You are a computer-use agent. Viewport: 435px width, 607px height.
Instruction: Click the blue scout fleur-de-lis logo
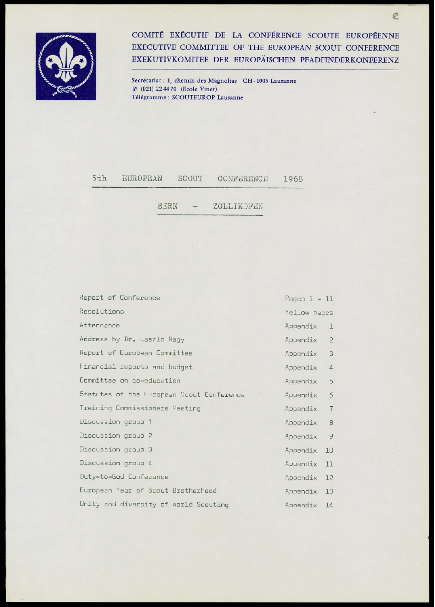[66, 66]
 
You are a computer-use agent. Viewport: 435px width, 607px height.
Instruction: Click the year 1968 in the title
[293, 179]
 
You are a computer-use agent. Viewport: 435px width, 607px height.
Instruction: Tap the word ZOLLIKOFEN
[238, 207]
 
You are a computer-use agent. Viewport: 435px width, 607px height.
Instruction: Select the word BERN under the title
[167, 207]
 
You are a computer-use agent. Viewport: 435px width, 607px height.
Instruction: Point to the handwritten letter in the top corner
[395, 16]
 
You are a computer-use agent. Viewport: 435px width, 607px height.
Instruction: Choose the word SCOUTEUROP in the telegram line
[193, 97]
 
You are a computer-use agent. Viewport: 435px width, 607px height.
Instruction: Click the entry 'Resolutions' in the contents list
[102, 311]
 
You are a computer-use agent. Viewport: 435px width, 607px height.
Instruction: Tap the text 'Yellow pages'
[309, 313]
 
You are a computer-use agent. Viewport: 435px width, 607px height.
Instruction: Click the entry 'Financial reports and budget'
[136, 367]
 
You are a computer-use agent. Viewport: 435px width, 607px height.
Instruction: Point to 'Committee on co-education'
[130, 381]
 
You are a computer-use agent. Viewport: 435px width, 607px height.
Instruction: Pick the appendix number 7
[331, 409]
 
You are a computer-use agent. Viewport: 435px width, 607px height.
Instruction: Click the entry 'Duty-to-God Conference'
[124, 477]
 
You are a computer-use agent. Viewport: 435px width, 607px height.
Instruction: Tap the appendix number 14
[329, 505]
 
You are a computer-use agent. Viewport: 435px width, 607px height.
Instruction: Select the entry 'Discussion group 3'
[116, 449]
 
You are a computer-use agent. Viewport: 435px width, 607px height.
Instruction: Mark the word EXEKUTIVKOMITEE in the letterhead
[170, 60]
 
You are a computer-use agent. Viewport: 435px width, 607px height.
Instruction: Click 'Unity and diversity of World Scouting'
[154, 504]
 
